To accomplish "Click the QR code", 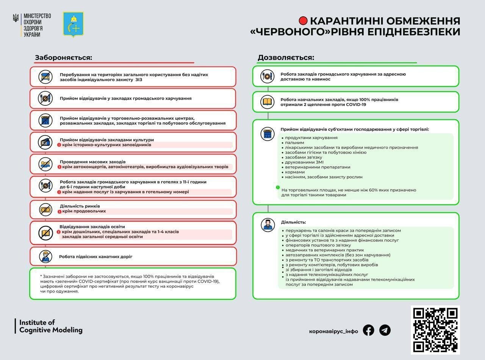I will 435,330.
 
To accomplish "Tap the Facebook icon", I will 368,330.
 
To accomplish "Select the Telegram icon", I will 385,330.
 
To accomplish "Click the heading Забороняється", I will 64,58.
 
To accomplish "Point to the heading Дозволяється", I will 286,58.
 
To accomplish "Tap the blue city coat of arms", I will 73,25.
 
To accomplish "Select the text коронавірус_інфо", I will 333,331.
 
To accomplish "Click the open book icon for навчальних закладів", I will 267,101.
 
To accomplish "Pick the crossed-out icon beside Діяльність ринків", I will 45,209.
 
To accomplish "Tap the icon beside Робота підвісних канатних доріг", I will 45,256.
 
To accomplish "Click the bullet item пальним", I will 294,142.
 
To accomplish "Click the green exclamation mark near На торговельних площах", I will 278,187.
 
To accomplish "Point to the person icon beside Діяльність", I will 267,224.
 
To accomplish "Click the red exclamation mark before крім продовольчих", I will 59,211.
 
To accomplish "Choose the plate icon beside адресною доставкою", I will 267,76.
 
